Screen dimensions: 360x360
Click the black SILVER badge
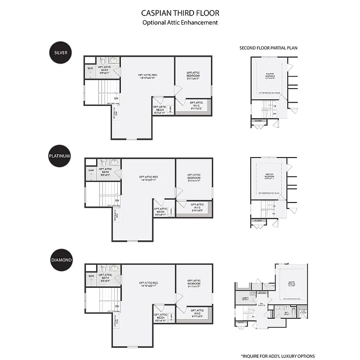tap(60, 52)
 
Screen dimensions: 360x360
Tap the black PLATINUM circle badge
tap(60, 155)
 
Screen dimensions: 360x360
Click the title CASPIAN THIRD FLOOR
tap(180, 13)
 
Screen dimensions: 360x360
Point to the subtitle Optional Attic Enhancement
tap(180, 22)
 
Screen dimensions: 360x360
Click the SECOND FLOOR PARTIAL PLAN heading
tap(268, 48)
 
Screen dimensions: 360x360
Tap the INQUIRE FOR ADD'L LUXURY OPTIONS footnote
tap(278, 356)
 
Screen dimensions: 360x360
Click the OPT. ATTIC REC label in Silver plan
tap(147, 76)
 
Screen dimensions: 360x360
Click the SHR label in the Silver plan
tap(90, 68)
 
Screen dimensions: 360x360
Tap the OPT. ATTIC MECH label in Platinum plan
tap(160, 211)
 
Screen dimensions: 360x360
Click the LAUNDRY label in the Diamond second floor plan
tap(245, 299)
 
